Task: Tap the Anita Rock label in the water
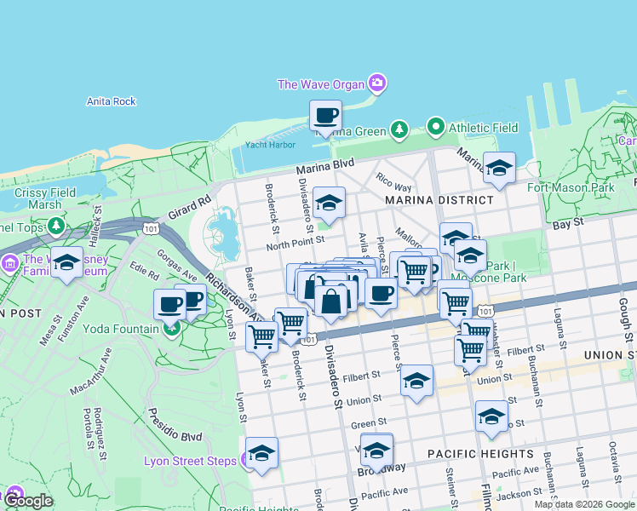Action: click(x=111, y=101)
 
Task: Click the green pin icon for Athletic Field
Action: click(x=437, y=128)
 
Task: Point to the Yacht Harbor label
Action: click(x=263, y=145)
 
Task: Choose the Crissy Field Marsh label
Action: click(x=37, y=198)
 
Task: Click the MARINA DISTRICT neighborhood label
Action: click(x=439, y=200)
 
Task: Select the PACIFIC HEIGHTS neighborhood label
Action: click(x=480, y=454)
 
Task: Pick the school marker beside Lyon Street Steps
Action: click(x=261, y=454)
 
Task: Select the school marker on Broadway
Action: click(x=376, y=450)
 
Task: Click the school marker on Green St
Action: click(x=491, y=416)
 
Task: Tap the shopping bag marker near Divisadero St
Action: click(x=331, y=301)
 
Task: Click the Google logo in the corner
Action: click(x=28, y=501)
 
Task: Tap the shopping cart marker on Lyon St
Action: click(x=261, y=336)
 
